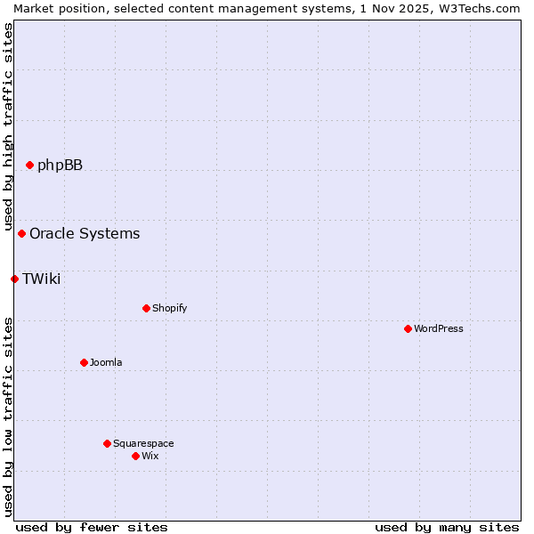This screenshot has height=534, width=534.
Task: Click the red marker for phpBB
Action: click(x=29, y=165)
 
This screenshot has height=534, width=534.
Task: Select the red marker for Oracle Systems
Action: click(x=21, y=233)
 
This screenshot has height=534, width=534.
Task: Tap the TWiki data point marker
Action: click(x=14, y=279)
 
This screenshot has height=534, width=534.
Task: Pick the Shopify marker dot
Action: click(x=146, y=308)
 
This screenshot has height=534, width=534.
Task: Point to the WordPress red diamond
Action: click(x=408, y=328)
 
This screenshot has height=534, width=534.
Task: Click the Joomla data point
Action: click(x=84, y=362)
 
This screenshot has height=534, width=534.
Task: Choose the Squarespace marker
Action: click(x=107, y=443)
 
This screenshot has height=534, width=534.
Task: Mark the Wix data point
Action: click(x=135, y=456)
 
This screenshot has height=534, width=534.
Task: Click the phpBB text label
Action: click(x=60, y=165)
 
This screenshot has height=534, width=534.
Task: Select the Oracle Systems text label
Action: click(x=85, y=233)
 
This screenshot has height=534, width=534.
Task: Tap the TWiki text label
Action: click(x=41, y=279)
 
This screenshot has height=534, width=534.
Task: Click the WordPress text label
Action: click(x=439, y=328)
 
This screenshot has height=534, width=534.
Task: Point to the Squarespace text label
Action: click(x=143, y=443)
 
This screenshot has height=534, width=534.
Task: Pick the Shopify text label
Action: click(x=169, y=308)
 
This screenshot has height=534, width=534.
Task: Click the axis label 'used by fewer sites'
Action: click(x=92, y=527)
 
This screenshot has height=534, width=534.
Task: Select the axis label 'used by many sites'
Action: click(x=447, y=527)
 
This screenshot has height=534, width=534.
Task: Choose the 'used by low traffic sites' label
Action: click(x=8, y=417)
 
